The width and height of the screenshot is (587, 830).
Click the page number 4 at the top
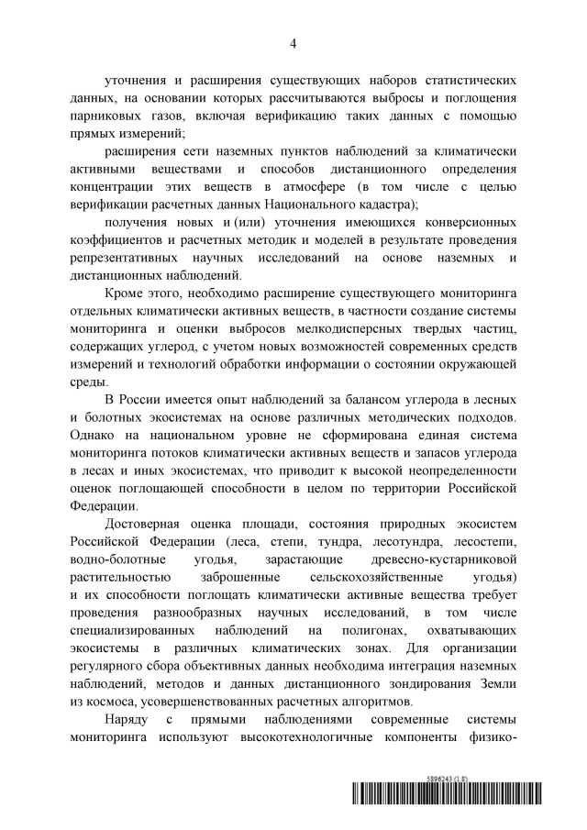point(293,43)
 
